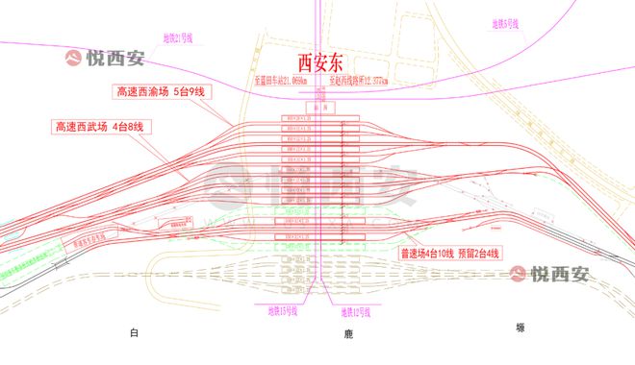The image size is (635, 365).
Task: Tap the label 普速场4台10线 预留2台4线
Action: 450,254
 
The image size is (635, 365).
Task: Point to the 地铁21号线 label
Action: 179,37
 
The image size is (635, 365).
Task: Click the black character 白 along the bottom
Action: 135,332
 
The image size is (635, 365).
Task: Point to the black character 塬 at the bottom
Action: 521,328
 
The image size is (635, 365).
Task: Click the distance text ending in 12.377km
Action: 359,83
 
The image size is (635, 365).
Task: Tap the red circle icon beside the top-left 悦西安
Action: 74,58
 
